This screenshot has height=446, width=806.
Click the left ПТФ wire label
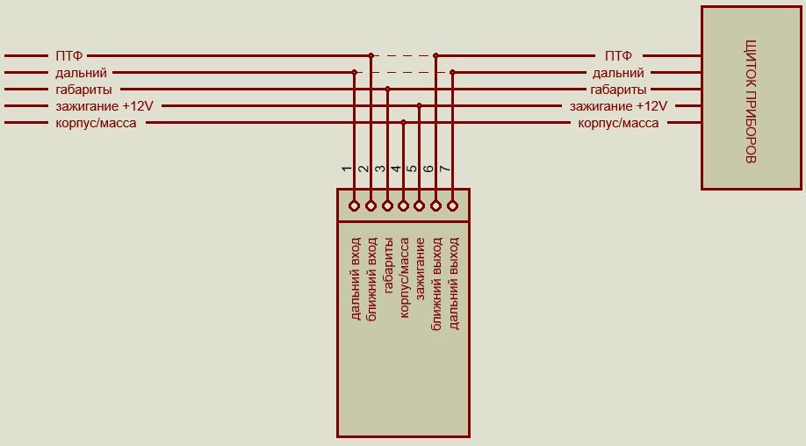pos(68,55)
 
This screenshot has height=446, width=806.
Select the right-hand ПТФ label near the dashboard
pos(618,55)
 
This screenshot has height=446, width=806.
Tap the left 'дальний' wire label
pos(82,73)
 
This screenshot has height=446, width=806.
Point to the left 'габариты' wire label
pos(83,90)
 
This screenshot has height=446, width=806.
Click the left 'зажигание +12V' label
pos(104,106)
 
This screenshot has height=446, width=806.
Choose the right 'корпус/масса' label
pos(618,123)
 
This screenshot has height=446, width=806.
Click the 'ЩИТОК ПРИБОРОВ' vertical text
pos(751,101)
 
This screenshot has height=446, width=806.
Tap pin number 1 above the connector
pos(347,169)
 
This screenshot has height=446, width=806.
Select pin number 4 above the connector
pos(396,169)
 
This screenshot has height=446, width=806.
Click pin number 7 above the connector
pos(445,169)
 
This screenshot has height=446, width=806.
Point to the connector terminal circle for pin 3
pos(387,206)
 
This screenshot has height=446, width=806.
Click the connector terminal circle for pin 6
pos(435,206)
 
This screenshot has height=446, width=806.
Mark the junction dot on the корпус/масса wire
pos(404,122)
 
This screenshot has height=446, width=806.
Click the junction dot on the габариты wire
pos(387,89)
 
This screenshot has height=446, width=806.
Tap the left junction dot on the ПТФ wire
pos(371,55)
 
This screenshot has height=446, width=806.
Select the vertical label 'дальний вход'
pos(356,278)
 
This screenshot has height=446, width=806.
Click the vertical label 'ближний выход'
pos(436,284)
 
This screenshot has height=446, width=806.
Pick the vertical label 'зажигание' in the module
pos(420,269)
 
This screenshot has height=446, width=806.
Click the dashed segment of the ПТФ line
pos(404,55)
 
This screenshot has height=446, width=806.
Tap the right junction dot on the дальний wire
pos(452,72)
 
